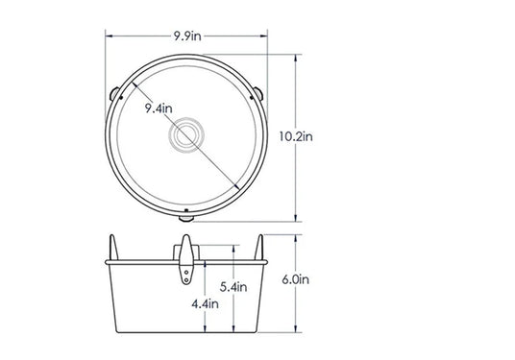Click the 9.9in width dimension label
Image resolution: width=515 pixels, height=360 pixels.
tap(187, 36)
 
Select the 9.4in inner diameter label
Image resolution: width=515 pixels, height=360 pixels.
tap(159, 108)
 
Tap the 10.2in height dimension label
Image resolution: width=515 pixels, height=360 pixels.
tap(296, 136)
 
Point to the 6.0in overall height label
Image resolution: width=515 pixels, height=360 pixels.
tap(296, 279)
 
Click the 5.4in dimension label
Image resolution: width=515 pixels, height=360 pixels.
tap(233, 287)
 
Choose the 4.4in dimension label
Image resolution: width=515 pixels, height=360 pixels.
tap(205, 304)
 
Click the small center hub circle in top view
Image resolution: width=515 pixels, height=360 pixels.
tap(186, 134)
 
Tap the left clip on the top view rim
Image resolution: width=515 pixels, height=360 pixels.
tap(114, 94)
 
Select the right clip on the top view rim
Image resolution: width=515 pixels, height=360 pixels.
tap(258, 93)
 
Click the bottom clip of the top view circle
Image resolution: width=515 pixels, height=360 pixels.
tap(186, 218)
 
